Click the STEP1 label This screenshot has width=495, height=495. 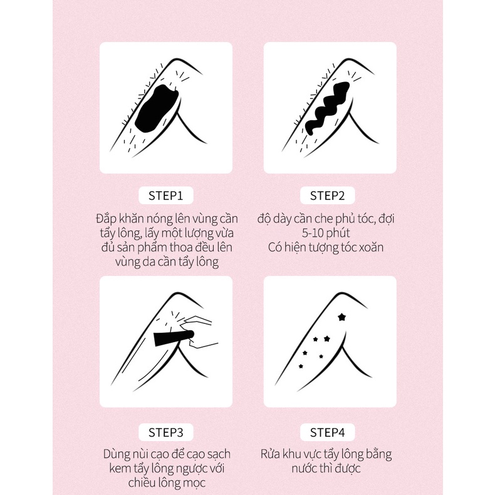click(166, 195)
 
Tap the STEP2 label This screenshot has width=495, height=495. click(327, 195)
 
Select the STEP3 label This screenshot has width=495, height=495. click(166, 432)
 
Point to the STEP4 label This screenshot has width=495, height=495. click(327, 432)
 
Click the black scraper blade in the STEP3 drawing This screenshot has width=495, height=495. click(173, 338)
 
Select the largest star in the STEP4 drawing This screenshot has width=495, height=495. click(341, 317)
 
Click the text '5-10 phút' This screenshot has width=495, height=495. click(326, 233)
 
